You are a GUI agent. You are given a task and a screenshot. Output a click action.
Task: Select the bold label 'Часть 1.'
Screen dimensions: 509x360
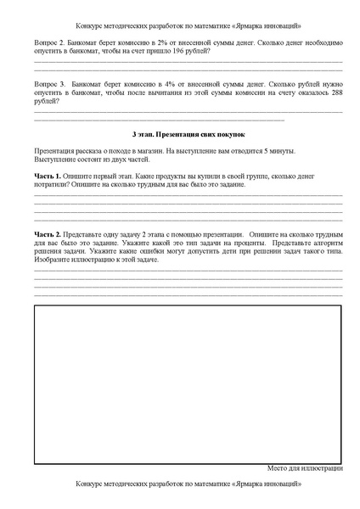(x=48, y=176)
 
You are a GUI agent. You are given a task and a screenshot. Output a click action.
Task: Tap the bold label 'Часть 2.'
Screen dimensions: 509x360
(x=48, y=232)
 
